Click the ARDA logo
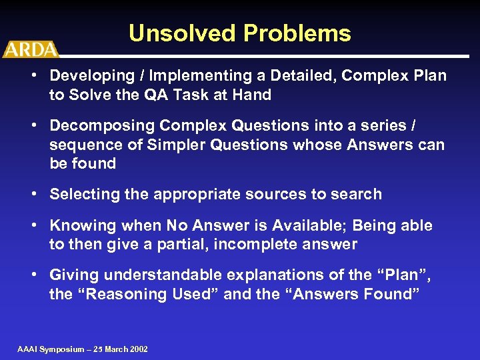click(30, 49)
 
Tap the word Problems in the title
click(296, 33)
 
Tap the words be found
click(83, 164)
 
